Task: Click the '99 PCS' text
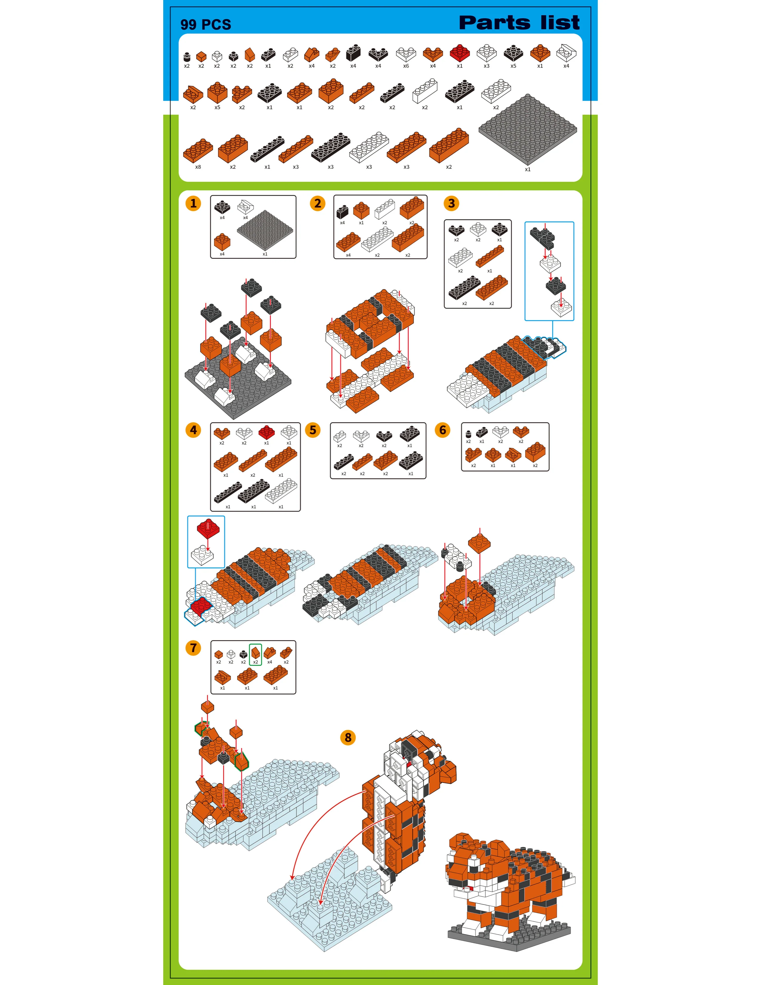click(206, 24)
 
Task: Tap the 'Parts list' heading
click(519, 23)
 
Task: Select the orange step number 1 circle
click(193, 203)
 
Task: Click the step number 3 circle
click(451, 203)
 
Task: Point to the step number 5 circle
click(313, 430)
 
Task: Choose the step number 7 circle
click(193, 648)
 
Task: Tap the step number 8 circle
click(348, 737)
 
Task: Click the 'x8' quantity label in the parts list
click(198, 167)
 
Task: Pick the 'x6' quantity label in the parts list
click(406, 66)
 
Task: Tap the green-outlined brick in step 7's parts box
click(256, 652)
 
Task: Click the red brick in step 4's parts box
click(266, 432)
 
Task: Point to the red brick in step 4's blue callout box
click(208, 528)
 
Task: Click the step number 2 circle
click(318, 203)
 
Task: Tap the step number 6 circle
click(443, 430)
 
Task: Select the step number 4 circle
click(193, 430)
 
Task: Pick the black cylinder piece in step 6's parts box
click(469, 434)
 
